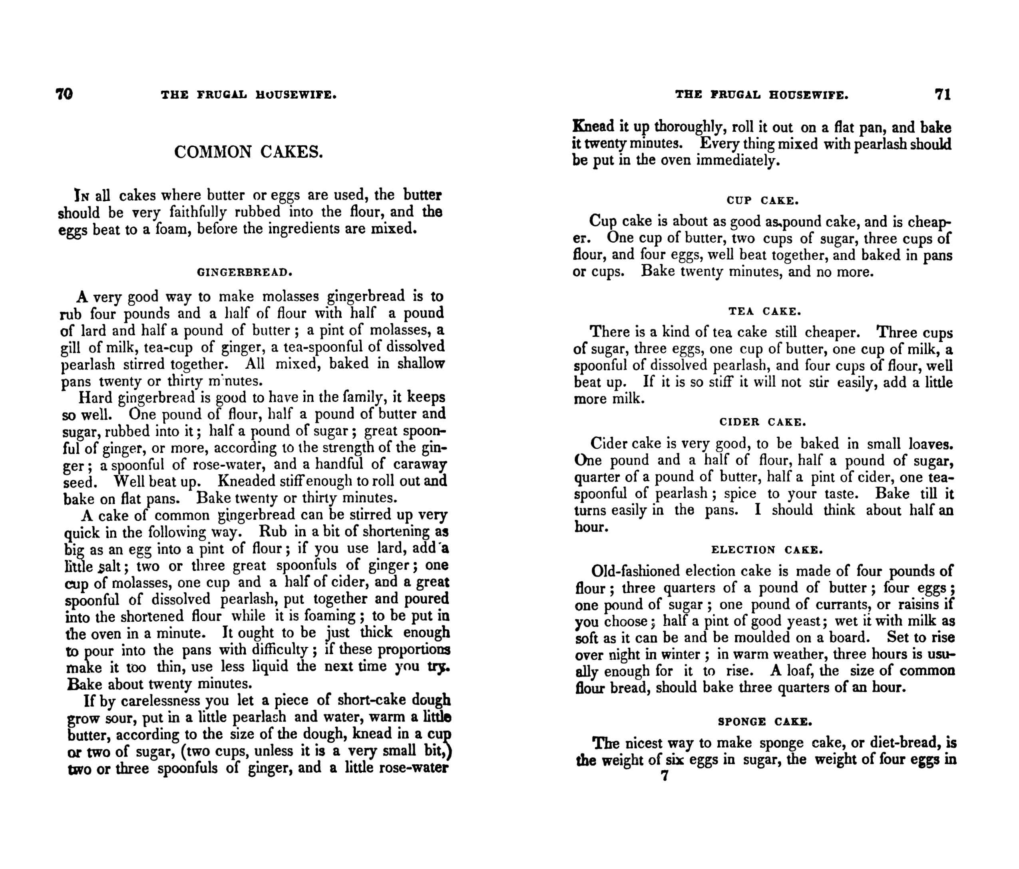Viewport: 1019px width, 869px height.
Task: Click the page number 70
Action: pyautogui.click(x=64, y=94)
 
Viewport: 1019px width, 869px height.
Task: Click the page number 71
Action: pyautogui.click(x=943, y=94)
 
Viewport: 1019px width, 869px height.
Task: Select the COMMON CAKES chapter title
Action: pyautogui.click(x=249, y=152)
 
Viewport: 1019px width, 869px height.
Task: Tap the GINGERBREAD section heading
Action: pyautogui.click(x=245, y=272)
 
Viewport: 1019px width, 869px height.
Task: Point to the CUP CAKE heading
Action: pyautogui.click(x=762, y=201)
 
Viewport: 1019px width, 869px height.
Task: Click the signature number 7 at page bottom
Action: pyautogui.click(x=665, y=776)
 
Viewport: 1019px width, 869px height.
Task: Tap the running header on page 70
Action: pyautogui.click(x=249, y=94)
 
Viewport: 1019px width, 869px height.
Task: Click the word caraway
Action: pyautogui.click(x=420, y=464)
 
